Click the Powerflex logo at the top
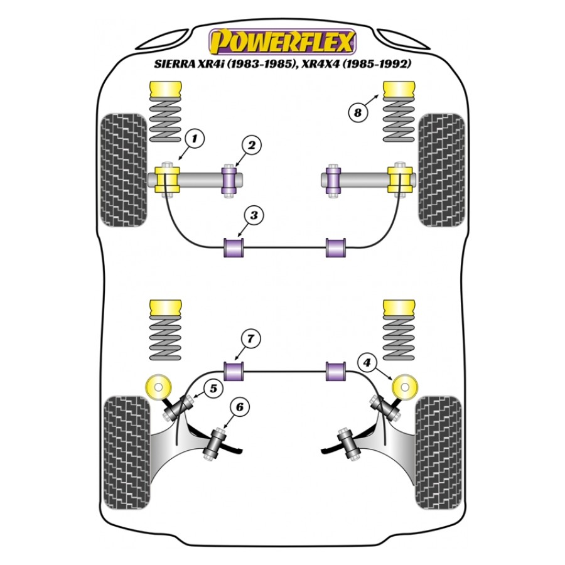pyautogui.click(x=282, y=41)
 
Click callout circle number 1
pyautogui.click(x=195, y=138)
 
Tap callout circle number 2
pyautogui.click(x=251, y=145)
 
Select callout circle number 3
pyautogui.click(x=254, y=215)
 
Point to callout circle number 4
pyautogui.click(x=367, y=362)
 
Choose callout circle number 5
pyautogui.click(x=213, y=389)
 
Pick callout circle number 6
pyautogui.click(x=240, y=407)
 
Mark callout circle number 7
pyautogui.click(x=250, y=339)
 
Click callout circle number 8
pyautogui.click(x=357, y=113)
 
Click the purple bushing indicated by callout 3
pyautogui.click(x=234, y=248)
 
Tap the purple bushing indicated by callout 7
pyautogui.click(x=234, y=371)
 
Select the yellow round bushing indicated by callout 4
pyautogui.click(x=404, y=387)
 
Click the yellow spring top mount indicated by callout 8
pyautogui.click(x=399, y=89)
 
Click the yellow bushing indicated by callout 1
pyautogui.click(x=167, y=180)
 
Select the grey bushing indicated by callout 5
pyautogui.click(x=178, y=407)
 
